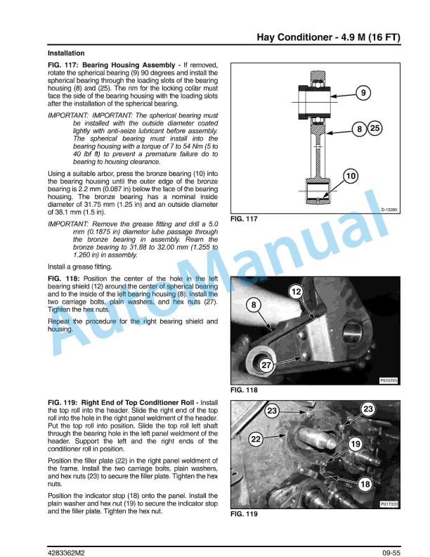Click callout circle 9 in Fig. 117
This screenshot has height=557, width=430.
pyautogui.click(x=363, y=93)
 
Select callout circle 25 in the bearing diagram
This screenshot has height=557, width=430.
pyautogui.click(x=375, y=128)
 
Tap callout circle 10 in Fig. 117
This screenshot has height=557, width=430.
pyautogui.click(x=351, y=176)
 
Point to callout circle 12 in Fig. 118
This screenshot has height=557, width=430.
pyautogui.click(x=296, y=292)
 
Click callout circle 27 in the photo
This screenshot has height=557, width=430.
pyautogui.click(x=266, y=365)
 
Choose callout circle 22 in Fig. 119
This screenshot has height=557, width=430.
pyautogui.click(x=256, y=439)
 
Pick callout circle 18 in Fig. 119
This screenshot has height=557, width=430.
pyautogui.click(x=365, y=484)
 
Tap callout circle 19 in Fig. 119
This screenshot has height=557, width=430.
pyautogui.click(x=355, y=444)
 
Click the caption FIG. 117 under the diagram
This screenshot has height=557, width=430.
pyautogui.click(x=244, y=219)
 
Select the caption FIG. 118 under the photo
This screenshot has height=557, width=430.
pyautogui.click(x=244, y=390)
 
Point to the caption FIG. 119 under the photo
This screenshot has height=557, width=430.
pyautogui.click(x=244, y=514)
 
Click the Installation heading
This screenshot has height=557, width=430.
pyautogui.click(x=66, y=53)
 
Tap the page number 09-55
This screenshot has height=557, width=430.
pyautogui.click(x=391, y=553)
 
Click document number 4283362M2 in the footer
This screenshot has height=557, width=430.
pyautogui.click(x=66, y=553)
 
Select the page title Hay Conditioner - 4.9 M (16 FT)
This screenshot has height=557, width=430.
pyautogui.click(x=329, y=37)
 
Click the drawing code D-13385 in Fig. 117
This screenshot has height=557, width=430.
pyautogui.click(x=389, y=210)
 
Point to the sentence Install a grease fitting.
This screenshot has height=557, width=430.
pyautogui.click(x=80, y=267)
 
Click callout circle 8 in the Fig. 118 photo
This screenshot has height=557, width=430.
pyautogui.click(x=254, y=305)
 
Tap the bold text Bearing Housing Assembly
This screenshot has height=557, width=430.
pyautogui.click(x=129, y=65)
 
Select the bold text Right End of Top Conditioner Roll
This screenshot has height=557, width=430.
pyautogui.click(x=137, y=402)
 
